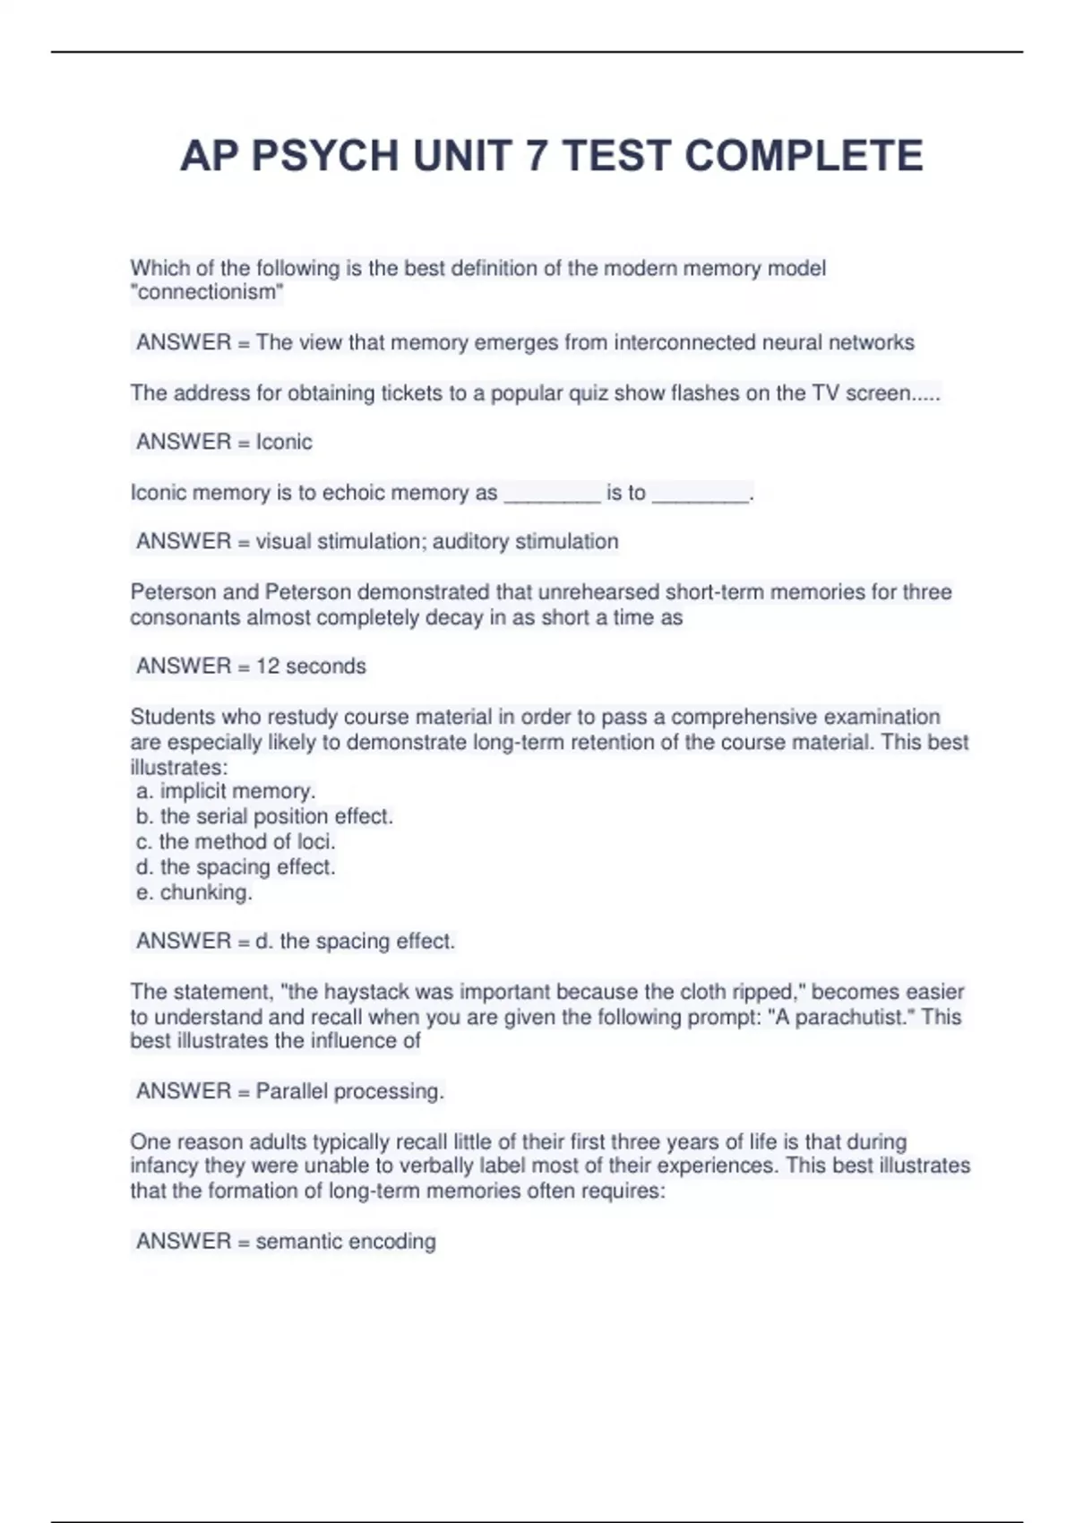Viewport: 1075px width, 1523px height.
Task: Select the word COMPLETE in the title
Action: pos(804,156)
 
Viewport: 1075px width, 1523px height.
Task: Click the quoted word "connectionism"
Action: pos(207,292)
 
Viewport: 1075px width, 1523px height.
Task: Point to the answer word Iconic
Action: pos(284,442)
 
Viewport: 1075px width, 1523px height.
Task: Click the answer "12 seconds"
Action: pos(311,666)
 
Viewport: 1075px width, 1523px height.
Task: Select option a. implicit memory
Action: pos(226,791)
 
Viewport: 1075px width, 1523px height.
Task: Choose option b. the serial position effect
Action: pos(265,816)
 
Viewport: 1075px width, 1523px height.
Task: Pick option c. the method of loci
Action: pos(236,841)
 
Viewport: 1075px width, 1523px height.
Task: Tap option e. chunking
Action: pos(195,892)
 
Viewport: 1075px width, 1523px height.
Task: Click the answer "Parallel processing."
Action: pos(349,1091)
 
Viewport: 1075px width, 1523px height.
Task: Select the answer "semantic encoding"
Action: pos(346,1241)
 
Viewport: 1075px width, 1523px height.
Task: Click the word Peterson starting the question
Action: pos(171,592)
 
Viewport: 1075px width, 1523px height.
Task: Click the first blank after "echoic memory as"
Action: pos(552,494)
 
